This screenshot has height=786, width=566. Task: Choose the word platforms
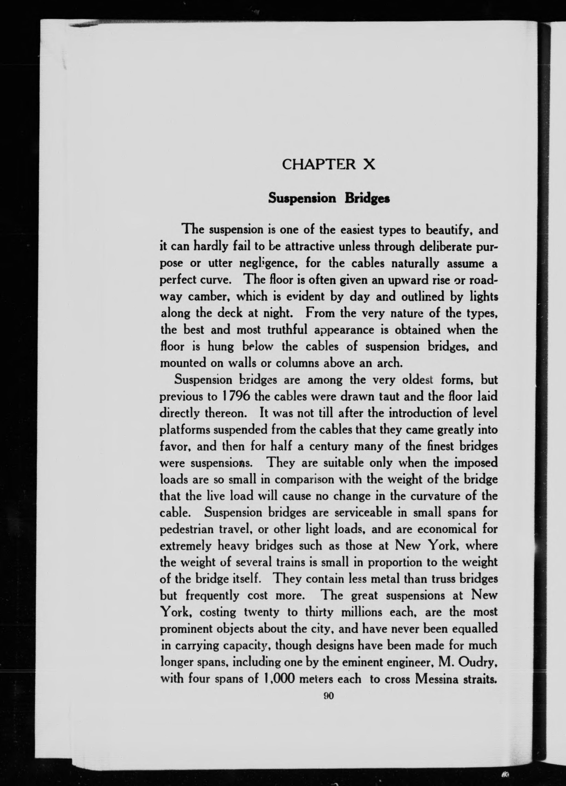[184, 430]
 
